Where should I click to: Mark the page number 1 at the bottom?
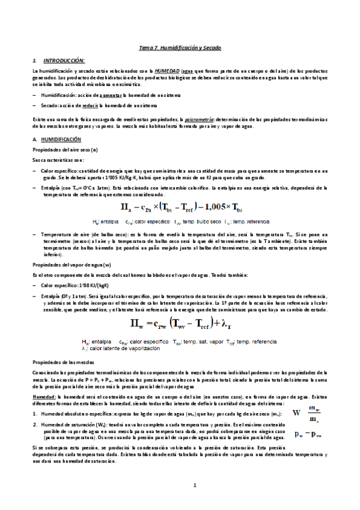point(180,485)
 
